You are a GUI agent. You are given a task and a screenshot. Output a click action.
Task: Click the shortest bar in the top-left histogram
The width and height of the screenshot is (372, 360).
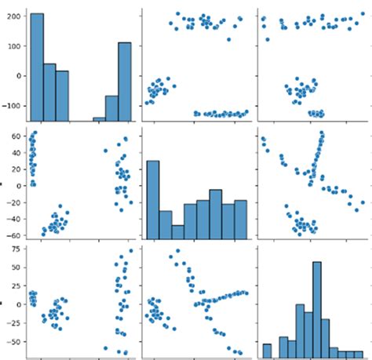click(99, 119)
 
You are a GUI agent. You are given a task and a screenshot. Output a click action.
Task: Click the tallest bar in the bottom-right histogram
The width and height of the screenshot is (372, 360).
click(317, 306)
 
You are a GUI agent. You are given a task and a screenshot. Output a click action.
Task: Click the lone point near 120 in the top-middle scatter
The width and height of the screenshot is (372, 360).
click(228, 39)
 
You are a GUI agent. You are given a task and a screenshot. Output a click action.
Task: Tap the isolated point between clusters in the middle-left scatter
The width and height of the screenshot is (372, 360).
click(106, 151)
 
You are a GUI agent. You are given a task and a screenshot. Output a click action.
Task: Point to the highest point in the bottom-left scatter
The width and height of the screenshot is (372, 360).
click(131, 251)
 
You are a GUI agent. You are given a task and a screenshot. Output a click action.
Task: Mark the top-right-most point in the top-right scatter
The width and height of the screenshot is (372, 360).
click(362, 13)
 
